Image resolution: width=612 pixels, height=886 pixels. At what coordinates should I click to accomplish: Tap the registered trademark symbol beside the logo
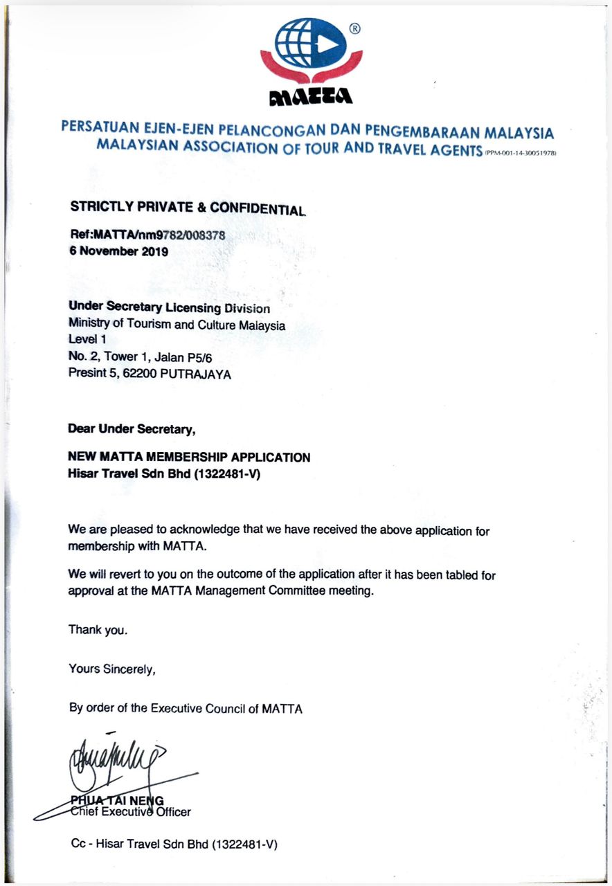tap(354, 29)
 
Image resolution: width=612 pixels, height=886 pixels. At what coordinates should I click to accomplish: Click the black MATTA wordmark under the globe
tap(311, 96)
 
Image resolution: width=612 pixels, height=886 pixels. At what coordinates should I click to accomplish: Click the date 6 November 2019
tap(118, 251)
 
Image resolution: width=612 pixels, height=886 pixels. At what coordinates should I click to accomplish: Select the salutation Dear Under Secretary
tap(132, 429)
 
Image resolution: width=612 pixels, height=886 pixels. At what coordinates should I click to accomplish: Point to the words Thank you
tap(98, 630)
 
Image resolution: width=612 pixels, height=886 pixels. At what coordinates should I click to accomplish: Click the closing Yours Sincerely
tap(112, 669)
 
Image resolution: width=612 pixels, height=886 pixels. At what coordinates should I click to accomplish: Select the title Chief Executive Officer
tap(131, 812)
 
